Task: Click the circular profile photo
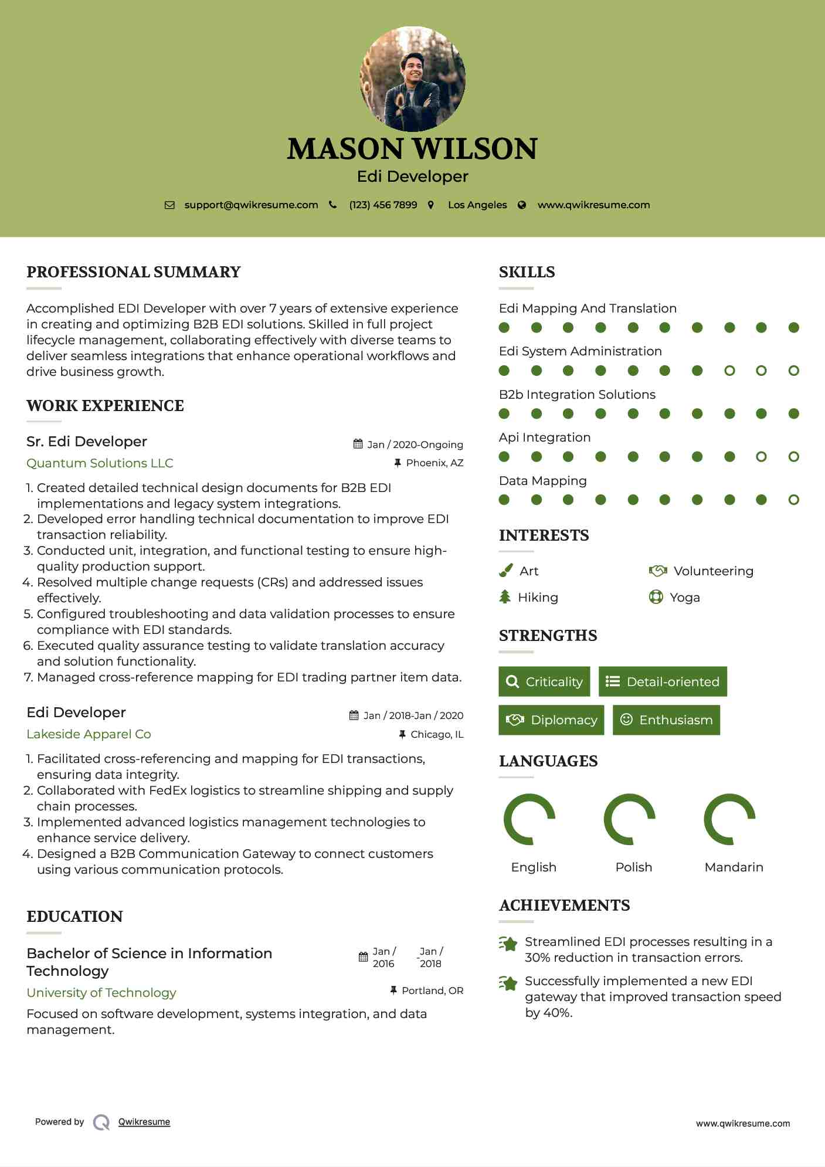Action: tap(412, 79)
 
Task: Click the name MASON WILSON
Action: tap(412, 149)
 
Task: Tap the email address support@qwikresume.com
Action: tap(251, 205)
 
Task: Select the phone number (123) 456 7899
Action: tap(383, 205)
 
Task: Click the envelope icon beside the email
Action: tap(169, 205)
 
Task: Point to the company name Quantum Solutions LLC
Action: tap(100, 463)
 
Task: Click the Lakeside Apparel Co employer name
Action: tap(89, 734)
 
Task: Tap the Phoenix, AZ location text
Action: tap(434, 463)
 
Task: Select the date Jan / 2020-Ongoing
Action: tap(415, 445)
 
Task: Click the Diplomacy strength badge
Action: tap(551, 720)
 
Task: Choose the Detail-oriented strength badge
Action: tap(663, 681)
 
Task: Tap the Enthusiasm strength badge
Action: tap(666, 720)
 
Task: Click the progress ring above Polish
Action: tap(630, 819)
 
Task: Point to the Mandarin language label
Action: tap(734, 867)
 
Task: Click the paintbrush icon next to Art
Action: tap(505, 571)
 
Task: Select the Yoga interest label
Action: tap(684, 598)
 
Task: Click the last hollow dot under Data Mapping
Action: tap(793, 500)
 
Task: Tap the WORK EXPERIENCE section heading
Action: tap(105, 406)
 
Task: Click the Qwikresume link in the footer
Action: tap(144, 1122)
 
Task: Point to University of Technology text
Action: tap(101, 993)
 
